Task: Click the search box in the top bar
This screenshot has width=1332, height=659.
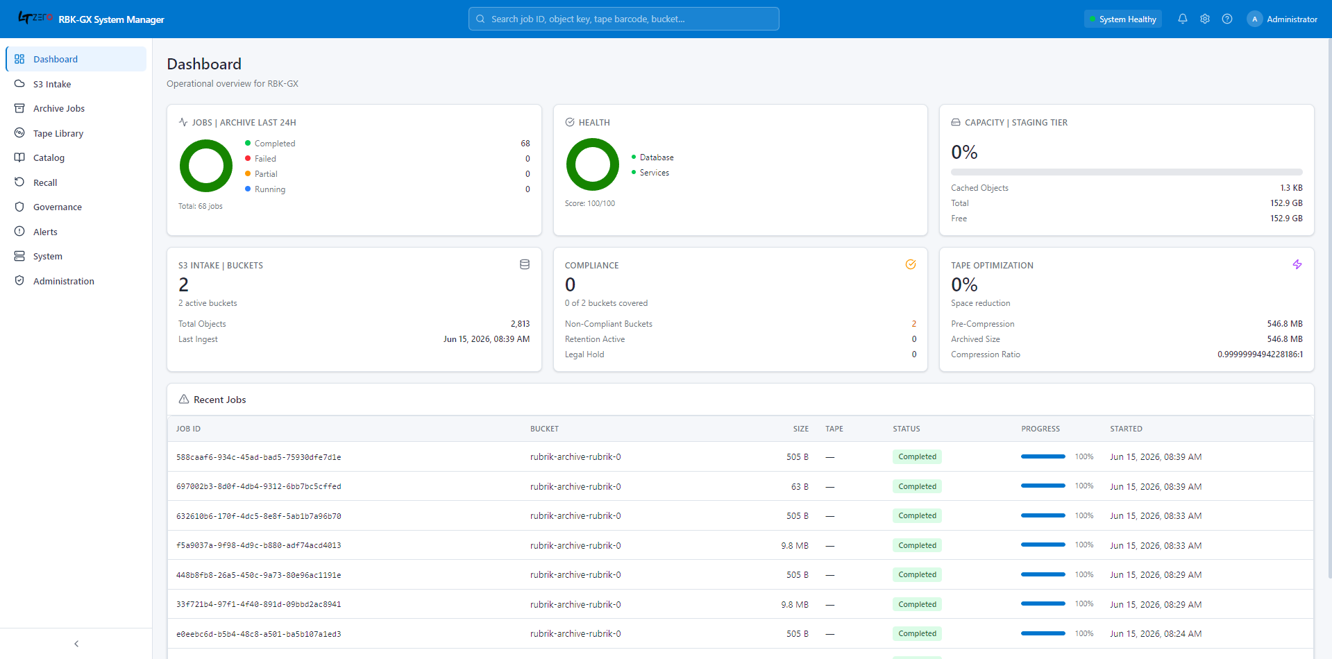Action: coord(623,19)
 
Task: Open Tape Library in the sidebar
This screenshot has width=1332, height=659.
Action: coord(58,133)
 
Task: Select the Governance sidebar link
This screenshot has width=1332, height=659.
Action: coord(58,207)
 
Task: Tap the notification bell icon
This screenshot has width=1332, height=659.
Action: coord(1183,19)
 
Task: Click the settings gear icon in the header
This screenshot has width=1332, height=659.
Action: coord(1205,19)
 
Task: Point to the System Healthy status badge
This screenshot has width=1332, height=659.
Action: coord(1122,19)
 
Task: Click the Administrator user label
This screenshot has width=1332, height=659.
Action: coord(1292,19)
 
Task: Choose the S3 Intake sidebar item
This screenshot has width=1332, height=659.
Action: coord(52,84)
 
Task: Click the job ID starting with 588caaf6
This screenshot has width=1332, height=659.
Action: coord(258,457)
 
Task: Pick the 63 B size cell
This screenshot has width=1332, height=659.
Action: coord(800,486)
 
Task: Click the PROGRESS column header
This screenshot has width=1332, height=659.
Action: coord(1040,429)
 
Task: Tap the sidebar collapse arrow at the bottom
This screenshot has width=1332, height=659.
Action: coord(76,644)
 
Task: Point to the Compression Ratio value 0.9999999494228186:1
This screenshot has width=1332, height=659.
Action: coord(1260,354)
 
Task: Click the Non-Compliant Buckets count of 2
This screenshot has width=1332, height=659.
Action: coord(913,324)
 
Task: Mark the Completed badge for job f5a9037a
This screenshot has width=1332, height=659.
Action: coord(917,545)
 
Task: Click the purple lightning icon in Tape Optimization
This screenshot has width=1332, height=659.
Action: coord(1297,264)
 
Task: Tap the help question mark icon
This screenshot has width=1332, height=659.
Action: coord(1227,19)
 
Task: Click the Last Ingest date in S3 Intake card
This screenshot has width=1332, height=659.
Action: coord(486,339)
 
